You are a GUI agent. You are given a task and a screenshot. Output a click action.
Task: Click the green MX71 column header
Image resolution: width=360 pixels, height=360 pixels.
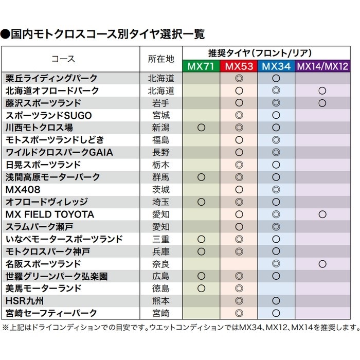tap(201, 66)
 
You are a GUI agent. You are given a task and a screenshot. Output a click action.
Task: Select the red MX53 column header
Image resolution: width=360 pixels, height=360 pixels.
tap(239, 66)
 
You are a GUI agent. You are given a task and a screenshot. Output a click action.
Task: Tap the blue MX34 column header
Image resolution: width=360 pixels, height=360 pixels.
tap(276, 66)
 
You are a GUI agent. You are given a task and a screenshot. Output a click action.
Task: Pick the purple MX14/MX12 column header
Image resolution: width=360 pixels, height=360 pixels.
tap(322, 66)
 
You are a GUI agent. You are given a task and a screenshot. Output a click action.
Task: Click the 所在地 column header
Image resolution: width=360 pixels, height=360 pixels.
tap(161, 59)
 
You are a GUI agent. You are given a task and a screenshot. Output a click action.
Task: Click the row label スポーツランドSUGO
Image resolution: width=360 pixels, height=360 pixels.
tap(49, 116)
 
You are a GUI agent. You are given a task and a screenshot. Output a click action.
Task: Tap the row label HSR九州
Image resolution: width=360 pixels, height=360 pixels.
tap(25, 301)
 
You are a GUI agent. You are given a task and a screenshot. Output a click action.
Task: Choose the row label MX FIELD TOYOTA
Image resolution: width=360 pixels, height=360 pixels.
tap(50, 214)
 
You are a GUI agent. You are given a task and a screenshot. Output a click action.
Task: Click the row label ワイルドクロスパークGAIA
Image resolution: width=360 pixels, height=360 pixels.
tap(59, 153)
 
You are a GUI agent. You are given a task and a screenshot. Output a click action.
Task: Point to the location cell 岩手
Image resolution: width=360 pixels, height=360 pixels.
tap(161, 103)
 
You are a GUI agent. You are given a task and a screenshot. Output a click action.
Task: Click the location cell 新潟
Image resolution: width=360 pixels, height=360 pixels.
tap(161, 128)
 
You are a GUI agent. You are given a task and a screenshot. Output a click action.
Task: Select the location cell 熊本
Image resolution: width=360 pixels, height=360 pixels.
tap(161, 301)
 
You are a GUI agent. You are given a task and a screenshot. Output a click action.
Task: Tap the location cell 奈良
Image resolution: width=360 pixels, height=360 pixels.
tap(161, 264)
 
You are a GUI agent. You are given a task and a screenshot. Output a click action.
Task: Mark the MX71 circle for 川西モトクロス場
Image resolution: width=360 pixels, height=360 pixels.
tap(201, 128)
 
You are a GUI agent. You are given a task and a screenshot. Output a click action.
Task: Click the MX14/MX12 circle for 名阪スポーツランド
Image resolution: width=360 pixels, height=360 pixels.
tap(322, 264)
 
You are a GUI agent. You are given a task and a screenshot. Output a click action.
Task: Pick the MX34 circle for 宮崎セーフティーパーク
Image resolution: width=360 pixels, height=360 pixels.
tap(276, 313)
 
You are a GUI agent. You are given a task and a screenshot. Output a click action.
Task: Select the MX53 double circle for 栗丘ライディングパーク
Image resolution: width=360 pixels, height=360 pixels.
tap(239, 79)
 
